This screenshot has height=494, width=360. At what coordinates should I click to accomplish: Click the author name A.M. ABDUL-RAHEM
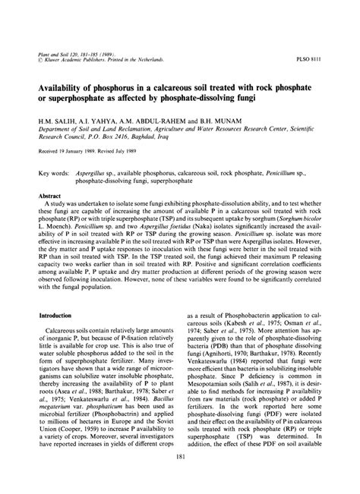(x=145, y=120)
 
